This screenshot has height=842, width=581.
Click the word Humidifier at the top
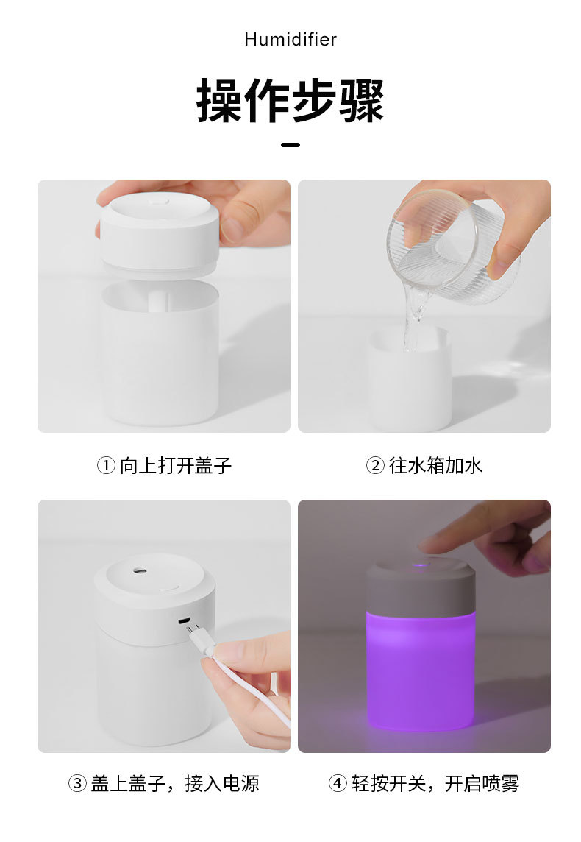[290, 39]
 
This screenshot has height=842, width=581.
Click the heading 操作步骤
[290, 101]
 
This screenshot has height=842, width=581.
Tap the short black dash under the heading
[290, 145]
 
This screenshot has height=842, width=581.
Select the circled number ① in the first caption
[106, 466]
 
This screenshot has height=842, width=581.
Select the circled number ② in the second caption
[375, 466]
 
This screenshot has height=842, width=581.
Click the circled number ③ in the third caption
[77, 784]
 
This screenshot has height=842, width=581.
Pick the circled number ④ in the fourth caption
[338, 784]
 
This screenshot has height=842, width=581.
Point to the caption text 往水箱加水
[435, 466]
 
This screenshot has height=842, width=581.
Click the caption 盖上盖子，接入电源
[174, 784]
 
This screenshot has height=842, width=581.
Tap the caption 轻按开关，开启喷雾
[435, 784]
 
